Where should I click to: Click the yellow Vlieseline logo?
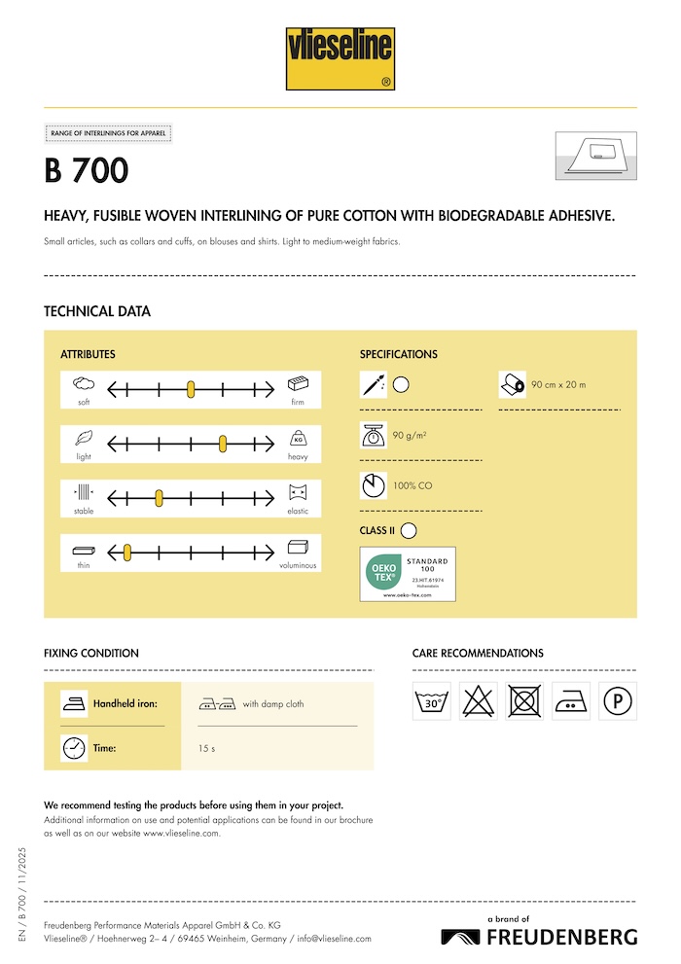[x=340, y=59]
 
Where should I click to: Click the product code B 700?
[x=87, y=171]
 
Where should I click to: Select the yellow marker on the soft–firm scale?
[x=191, y=389]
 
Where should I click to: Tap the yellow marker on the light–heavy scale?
[x=223, y=444]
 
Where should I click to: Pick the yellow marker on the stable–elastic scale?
[x=159, y=498]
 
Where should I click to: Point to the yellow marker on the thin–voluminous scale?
[x=126, y=553]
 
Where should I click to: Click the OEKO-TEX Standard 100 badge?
[x=408, y=574]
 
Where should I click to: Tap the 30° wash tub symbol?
[x=432, y=700]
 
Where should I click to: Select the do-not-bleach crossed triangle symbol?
[x=479, y=700]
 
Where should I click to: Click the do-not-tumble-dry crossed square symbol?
[x=525, y=700]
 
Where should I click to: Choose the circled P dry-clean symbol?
[x=618, y=700]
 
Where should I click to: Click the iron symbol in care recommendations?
[x=571, y=700]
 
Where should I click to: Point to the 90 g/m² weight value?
[x=410, y=435]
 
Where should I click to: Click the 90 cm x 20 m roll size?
[x=558, y=385]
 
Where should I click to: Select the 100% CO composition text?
[x=412, y=484]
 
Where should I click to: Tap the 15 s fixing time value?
[x=206, y=748]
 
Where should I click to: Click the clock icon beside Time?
[x=73, y=748]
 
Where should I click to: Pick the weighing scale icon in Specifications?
[x=373, y=435]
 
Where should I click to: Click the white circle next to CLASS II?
[x=409, y=530]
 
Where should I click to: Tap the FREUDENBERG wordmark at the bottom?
[x=562, y=937]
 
